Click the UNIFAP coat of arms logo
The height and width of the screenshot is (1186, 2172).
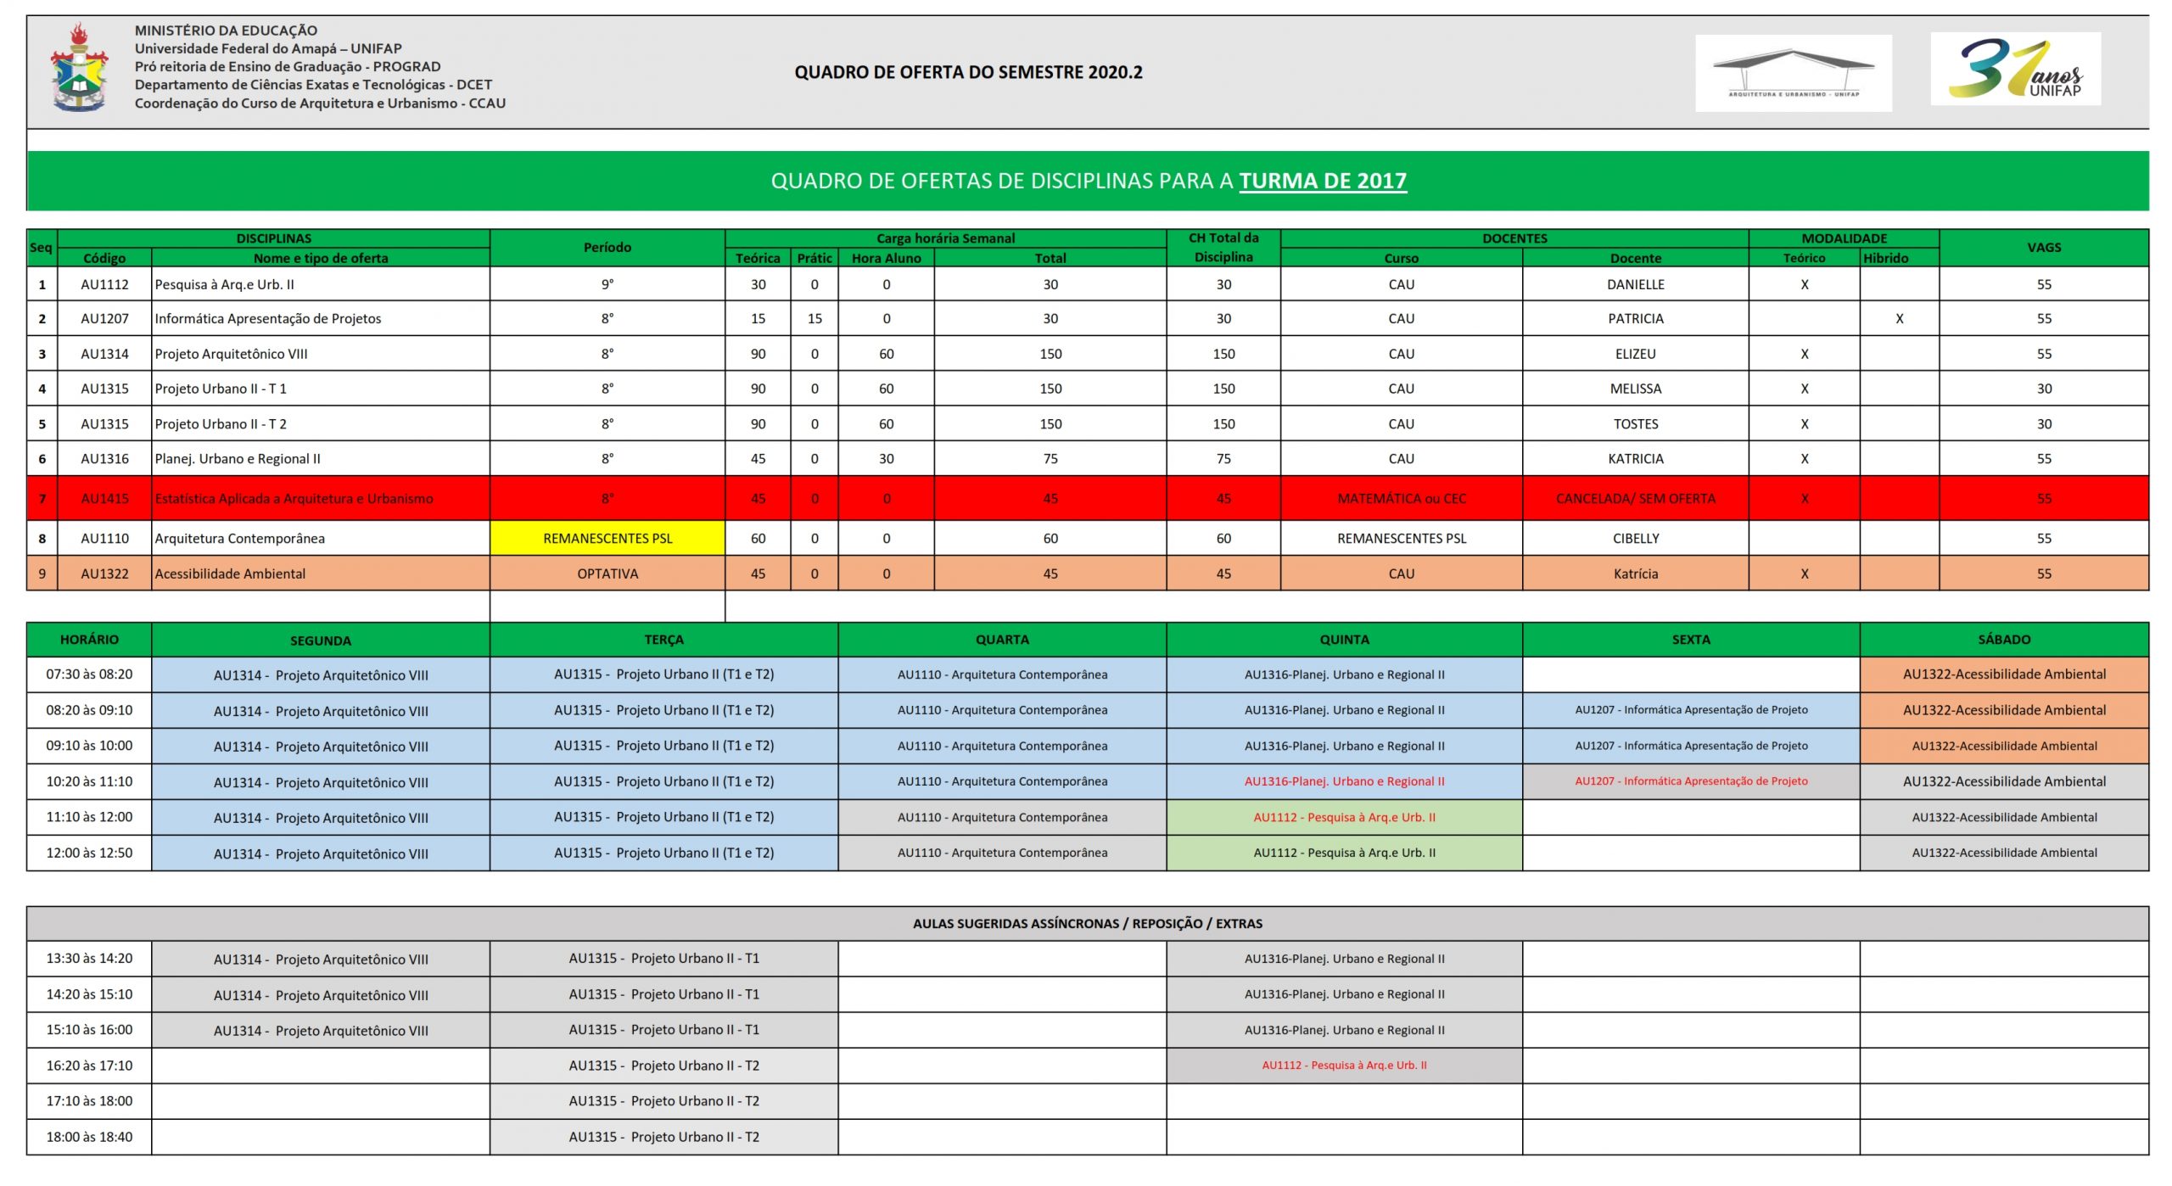coord(79,68)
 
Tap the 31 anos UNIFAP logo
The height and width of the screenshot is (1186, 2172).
coord(2015,69)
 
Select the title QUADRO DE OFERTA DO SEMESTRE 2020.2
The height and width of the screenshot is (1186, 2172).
coord(968,73)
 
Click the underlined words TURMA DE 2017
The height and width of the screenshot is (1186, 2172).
coord(1322,181)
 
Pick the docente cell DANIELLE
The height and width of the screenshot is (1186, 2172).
coord(1635,285)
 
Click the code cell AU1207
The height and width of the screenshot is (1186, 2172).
coord(104,319)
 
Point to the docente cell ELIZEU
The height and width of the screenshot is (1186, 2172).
coord(1635,355)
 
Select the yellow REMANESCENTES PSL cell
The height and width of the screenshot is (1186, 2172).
coord(607,539)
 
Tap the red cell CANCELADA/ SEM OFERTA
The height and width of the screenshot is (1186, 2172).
coord(1635,499)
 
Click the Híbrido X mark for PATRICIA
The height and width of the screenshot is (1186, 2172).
coord(1899,319)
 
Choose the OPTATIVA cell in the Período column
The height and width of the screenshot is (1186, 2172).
coord(607,574)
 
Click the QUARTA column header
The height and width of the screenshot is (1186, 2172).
coord(1002,640)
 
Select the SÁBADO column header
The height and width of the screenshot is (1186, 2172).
coord(2004,640)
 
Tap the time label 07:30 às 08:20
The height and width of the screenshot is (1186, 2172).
coord(89,674)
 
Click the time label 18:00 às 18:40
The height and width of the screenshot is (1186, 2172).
coord(89,1138)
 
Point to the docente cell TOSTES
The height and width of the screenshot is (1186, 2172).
coord(1635,424)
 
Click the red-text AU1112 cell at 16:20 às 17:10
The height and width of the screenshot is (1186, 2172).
coord(1344,1066)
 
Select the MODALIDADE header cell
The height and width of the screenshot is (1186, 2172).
coord(1844,238)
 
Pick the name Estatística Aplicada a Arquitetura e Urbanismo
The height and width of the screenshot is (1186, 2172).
coord(294,499)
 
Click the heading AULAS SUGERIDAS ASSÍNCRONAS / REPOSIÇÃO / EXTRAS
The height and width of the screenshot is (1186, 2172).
coord(1087,924)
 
